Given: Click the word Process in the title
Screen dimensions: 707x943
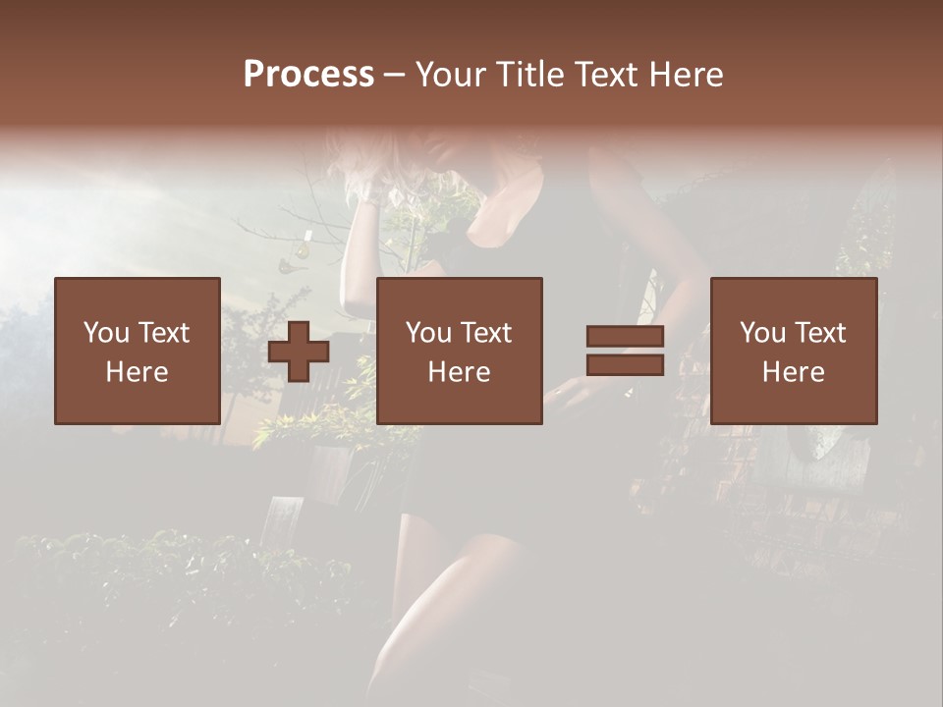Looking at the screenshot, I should click(x=308, y=75).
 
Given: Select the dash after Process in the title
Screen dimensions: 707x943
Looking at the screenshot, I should click(x=395, y=75).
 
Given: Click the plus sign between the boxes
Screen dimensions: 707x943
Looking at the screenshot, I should click(x=299, y=352).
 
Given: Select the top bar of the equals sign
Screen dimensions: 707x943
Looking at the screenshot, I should click(x=625, y=336).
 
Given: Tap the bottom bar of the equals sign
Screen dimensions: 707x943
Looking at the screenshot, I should click(x=625, y=365).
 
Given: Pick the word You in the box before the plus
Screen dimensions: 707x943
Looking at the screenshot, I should click(x=106, y=333).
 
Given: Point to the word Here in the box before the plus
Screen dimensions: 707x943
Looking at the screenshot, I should click(x=137, y=372).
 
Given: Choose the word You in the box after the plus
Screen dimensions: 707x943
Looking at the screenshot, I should click(x=428, y=333).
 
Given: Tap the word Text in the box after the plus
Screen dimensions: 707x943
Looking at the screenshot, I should click(x=485, y=333).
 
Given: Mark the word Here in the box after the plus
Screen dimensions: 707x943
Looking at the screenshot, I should click(x=459, y=372).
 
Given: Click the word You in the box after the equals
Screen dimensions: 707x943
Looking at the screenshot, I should click(x=762, y=333).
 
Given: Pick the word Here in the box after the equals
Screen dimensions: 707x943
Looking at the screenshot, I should click(x=793, y=372).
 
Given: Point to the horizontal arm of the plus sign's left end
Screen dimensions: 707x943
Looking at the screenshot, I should click(x=276, y=352).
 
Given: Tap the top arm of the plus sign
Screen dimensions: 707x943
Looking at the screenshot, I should click(x=299, y=330).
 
